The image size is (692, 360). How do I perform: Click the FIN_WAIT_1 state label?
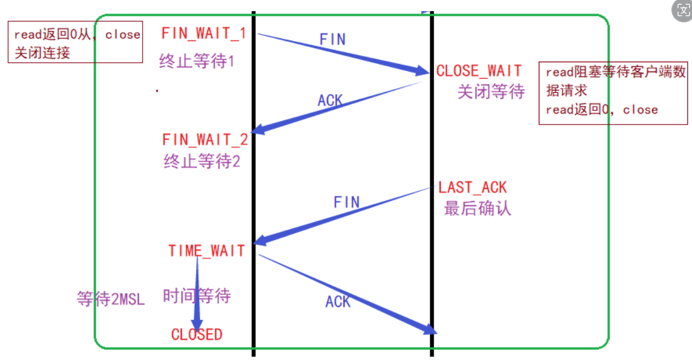click(204, 33)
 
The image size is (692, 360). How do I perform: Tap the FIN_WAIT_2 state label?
click(205, 140)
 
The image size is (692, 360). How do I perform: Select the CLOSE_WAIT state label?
click(478, 71)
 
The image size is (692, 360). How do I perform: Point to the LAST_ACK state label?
click(472, 188)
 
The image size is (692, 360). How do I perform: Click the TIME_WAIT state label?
click(206, 251)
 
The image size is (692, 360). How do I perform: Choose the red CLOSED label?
click(197, 335)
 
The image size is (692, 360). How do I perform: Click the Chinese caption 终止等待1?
click(197, 62)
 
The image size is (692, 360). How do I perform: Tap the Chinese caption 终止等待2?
click(202, 162)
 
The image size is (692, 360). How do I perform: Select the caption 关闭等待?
click(491, 92)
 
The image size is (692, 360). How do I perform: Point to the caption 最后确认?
click(477, 208)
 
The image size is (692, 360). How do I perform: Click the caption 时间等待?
click(197, 295)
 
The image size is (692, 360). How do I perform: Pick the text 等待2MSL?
click(110, 299)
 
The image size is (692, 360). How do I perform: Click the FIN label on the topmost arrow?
click(332, 39)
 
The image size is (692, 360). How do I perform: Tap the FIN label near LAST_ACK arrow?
click(346, 203)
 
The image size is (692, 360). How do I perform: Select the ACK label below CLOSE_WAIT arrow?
click(330, 100)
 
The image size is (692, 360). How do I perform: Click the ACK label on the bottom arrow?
click(337, 302)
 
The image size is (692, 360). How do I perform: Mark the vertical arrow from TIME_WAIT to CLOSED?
click(197, 294)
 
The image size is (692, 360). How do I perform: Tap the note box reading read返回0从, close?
click(75, 42)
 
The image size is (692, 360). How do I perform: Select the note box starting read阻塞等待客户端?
click(613, 92)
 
